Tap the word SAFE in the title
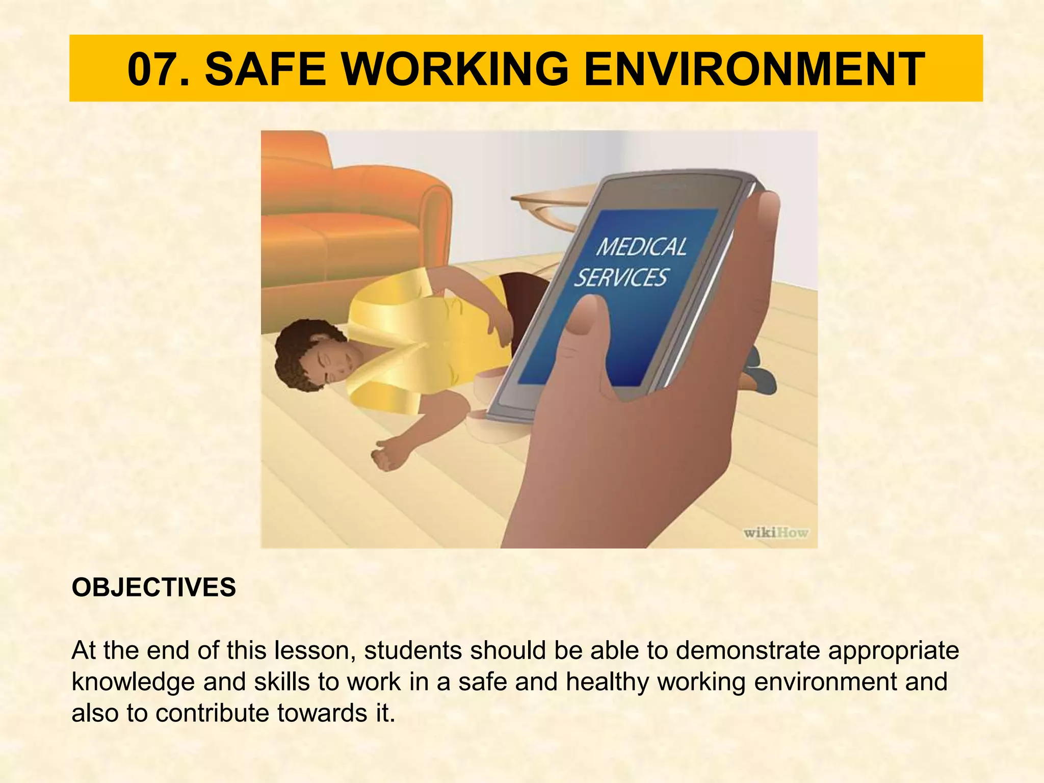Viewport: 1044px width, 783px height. pos(265,70)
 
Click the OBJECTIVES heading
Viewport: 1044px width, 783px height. pos(153,587)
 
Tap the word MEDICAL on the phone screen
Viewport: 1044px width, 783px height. pos(641,247)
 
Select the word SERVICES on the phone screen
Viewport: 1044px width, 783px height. pos(621,278)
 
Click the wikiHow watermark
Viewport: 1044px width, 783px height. pos(775,533)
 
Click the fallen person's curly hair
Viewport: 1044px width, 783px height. pos(296,352)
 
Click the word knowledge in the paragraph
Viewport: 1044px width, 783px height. pos(133,682)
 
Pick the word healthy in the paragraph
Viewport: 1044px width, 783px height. pos(607,682)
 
